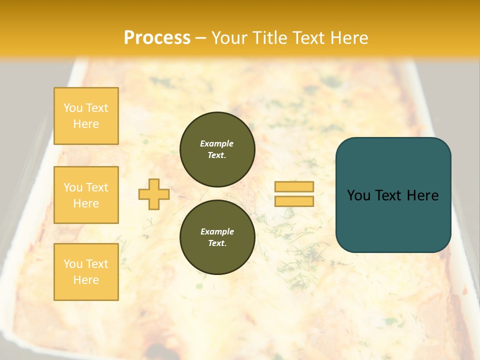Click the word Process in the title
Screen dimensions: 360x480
(x=157, y=38)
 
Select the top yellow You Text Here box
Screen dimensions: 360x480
(x=86, y=116)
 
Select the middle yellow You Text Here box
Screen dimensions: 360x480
(x=86, y=195)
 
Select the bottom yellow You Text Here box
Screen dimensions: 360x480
(x=86, y=271)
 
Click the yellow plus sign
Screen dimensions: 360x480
(x=154, y=194)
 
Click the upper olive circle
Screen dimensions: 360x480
(x=217, y=149)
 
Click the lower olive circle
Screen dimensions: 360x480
(x=217, y=237)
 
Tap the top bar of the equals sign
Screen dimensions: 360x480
(x=294, y=187)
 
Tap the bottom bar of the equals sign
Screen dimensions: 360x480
(x=294, y=201)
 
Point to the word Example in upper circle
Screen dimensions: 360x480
(x=217, y=143)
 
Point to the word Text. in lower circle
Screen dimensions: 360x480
(x=217, y=243)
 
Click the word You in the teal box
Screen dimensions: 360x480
(x=359, y=195)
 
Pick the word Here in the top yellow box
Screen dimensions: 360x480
(x=86, y=124)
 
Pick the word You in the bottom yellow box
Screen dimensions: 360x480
(x=73, y=263)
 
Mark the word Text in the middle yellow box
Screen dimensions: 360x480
(x=97, y=187)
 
